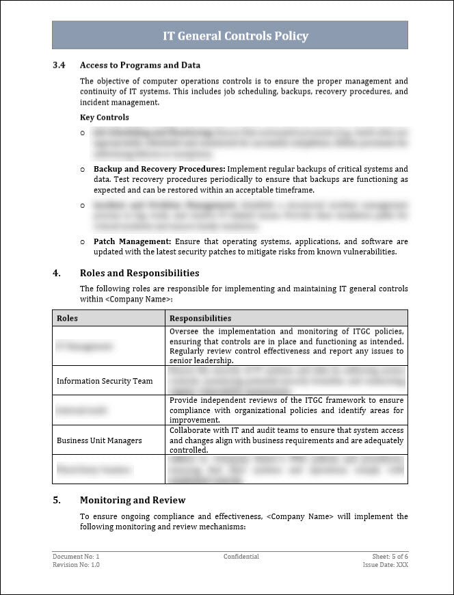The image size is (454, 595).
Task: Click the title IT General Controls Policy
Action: click(235, 36)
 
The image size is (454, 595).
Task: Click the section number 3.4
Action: click(59, 66)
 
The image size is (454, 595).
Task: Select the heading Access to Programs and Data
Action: click(140, 66)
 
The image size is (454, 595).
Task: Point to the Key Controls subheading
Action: click(104, 118)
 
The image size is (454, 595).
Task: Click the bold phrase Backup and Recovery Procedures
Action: click(159, 169)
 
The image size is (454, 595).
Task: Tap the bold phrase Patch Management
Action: click(133, 241)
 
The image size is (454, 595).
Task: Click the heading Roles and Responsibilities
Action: click(139, 274)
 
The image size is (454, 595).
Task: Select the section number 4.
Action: click(57, 274)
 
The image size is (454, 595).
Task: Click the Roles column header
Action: click(67, 318)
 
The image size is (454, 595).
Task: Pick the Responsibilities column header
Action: click(200, 318)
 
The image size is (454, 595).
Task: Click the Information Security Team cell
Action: click(105, 381)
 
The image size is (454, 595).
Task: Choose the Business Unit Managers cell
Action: click(99, 440)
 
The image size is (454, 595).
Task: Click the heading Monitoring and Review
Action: click(133, 500)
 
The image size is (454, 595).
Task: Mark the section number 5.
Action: click(57, 500)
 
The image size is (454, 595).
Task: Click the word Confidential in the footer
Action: click(241, 557)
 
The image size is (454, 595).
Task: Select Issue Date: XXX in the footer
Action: click(385, 565)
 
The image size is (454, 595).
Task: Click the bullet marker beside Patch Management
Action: click(83, 241)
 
